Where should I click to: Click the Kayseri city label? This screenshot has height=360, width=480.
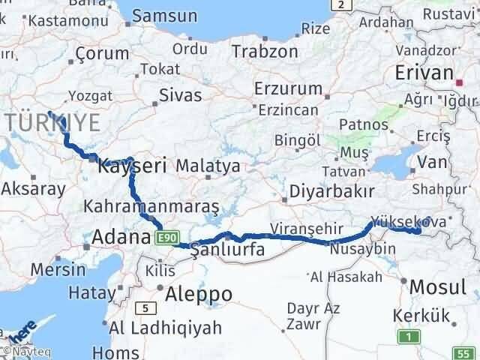tap(132, 167)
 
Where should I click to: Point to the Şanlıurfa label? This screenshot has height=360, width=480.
tap(228, 250)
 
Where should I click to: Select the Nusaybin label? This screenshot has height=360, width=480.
tap(362, 248)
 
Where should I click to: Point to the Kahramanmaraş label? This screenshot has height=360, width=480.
tap(152, 205)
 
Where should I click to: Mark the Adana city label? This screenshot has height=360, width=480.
tap(121, 238)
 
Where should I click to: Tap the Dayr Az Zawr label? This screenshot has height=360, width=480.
tap(313, 316)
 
